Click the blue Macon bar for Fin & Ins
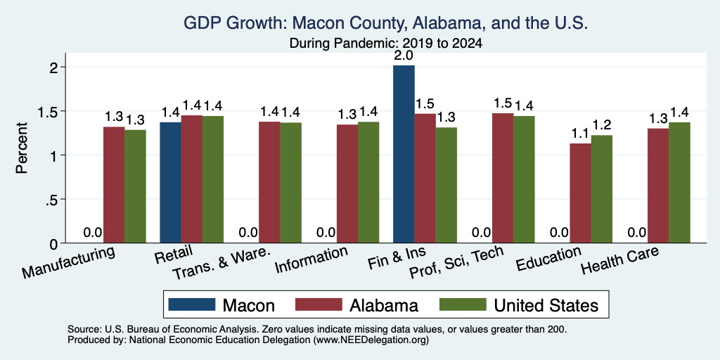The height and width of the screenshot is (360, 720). (x=404, y=154)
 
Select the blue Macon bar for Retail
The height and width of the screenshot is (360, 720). (x=170, y=182)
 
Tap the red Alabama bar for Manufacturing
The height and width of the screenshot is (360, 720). (x=114, y=185)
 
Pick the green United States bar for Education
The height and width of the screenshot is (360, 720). (x=602, y=189)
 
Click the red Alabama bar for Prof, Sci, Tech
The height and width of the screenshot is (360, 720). (x=503, y=178)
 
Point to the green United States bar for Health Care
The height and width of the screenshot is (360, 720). (x=680, y=183)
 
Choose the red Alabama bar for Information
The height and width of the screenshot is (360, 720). (x=347, y=184)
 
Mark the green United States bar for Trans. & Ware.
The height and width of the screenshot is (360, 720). (x=290, y=183)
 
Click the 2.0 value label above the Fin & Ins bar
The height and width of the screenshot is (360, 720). (x=404, y=56)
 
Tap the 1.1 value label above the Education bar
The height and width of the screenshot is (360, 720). (x=580, y=134)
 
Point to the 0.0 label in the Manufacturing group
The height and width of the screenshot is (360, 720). (x=93, y=232)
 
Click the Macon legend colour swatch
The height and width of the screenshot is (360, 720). (x=191, y=304)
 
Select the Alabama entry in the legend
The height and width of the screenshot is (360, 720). (x=384, y=305)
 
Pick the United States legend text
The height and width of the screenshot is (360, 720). (x=546, y=305)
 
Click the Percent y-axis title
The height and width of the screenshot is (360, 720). (x=22, y=148)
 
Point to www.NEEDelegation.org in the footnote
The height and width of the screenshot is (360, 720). (x=371, y=340)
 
